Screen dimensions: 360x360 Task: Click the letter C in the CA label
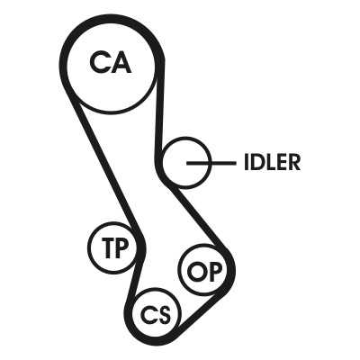point(98,62)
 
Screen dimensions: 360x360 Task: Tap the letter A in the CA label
point(121,62)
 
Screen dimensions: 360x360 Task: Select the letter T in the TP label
point(107,247)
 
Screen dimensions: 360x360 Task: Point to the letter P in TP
point(121,247)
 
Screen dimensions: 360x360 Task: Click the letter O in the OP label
point(197,271)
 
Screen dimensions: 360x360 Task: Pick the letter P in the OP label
point(216,271)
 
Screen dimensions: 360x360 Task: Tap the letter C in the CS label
point(149,315)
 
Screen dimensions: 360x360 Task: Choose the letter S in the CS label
point(165,315)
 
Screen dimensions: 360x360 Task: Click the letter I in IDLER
point(247,162)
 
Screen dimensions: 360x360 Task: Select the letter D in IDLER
point(257,162)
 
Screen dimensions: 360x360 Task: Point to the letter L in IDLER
point(271,162)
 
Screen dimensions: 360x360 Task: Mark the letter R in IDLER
point(294,162)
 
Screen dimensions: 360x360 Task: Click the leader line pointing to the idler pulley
point(211,163)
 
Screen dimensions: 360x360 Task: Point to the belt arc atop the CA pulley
point(112,18)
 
